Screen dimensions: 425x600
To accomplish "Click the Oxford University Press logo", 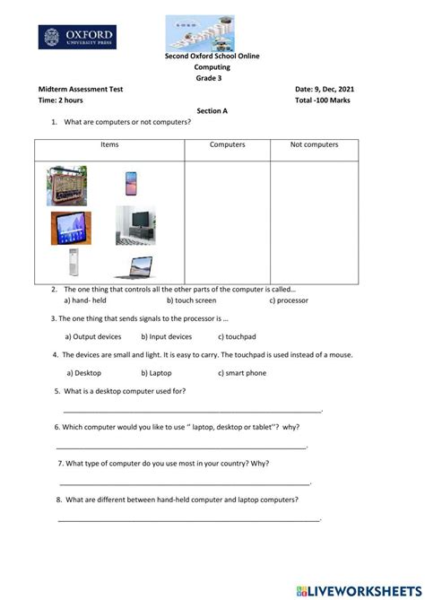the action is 76,37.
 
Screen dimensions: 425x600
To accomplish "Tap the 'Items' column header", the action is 109,144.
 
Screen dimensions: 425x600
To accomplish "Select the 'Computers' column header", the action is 227,144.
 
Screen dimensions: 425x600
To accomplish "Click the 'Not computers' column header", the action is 314,144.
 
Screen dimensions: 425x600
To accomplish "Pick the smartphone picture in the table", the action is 131,183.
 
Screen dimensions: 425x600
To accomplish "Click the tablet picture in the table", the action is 71,228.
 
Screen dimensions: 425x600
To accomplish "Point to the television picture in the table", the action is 136,226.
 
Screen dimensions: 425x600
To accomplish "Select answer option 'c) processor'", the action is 289,300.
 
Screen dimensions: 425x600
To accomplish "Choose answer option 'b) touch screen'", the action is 191,300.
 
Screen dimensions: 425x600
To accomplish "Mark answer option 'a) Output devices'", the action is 93,337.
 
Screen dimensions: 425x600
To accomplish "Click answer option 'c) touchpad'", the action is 241,337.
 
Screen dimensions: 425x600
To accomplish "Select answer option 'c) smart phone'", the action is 246,372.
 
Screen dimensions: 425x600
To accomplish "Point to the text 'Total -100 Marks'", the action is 323,100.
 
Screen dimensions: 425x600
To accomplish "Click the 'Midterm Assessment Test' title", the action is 81,90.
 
